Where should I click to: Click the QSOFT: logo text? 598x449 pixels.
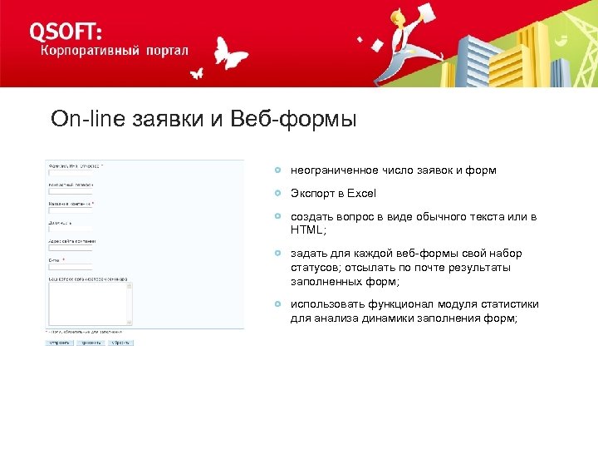point(66,31)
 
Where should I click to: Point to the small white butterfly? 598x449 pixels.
point(196,74)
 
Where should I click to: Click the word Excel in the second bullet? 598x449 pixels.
point(361,194)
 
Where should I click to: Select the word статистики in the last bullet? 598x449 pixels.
point(507,303)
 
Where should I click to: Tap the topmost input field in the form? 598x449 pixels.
point(70,173)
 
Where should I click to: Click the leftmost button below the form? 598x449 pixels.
point(59,342)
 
